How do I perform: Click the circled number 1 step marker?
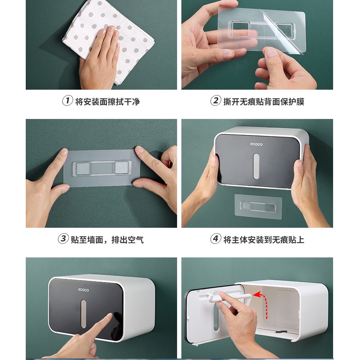[x=67, y=101]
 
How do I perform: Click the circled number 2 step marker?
[x=216, y=101]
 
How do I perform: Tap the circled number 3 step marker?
[x=63, y=239]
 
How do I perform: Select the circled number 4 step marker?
[x=216, y=239]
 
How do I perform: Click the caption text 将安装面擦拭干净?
[x=107, y=101]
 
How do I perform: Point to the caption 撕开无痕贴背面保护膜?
[x=264, y=101]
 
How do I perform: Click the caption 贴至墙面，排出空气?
[x=107, y=239]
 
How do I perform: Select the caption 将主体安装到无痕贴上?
[x=264, y=239]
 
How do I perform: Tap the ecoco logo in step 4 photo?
[x=256, y=144]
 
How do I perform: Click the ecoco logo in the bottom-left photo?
[x=83, y=290]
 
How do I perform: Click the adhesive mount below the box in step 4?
[x=258, y=206]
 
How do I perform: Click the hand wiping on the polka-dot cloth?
[x=99, y=55]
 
